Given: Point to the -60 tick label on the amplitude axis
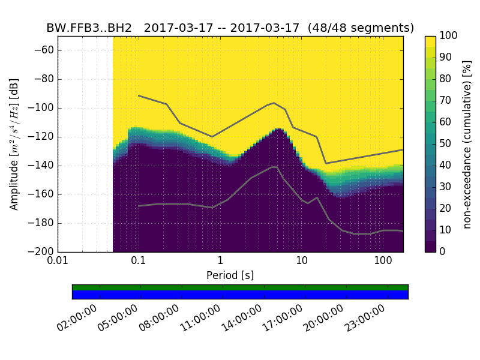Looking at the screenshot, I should coord(43,50).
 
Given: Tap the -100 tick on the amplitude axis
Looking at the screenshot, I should coord(41,108).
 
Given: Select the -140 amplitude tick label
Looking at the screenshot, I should coord(41,166).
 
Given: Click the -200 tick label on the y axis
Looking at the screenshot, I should coord(41,252).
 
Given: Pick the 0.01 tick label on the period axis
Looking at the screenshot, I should coord(58,262).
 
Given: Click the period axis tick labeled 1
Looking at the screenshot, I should coord(220,262).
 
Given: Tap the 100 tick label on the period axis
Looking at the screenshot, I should coord(383,262).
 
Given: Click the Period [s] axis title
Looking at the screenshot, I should coord(230,275).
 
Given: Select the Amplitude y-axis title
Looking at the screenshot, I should coord(14,144).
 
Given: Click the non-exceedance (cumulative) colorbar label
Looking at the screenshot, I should coord(467,144).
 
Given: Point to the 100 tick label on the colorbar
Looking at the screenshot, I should coord(449,36).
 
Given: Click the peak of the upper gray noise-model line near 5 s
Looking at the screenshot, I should coord(274,103).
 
